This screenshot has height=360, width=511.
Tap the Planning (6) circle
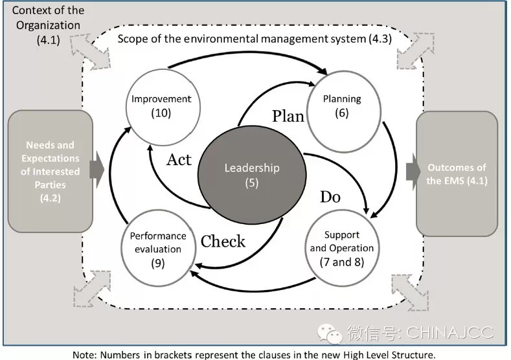[x=341, y=106]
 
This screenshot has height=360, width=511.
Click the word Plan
[x=288, y=117]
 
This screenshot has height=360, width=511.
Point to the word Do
[x=330, y=197]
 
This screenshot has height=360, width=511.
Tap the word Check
[x=223, y=242]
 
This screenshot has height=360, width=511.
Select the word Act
[x=179, y=159]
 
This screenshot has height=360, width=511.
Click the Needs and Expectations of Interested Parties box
[x=50, y=171]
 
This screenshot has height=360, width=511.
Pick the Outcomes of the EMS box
[x=457, y=173]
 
